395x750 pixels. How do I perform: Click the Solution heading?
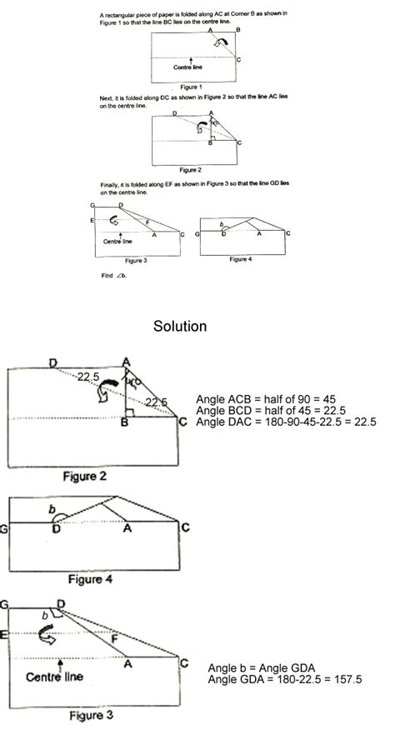pos(180,327)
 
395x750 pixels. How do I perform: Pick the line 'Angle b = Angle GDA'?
pos(263,667)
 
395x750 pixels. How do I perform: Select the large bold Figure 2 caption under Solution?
pos(96,476)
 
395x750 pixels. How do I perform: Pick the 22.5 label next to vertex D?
pos(89,377)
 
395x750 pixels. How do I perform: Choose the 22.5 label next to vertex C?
pos(154,402)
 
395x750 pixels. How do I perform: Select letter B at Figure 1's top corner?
pos(238,29)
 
